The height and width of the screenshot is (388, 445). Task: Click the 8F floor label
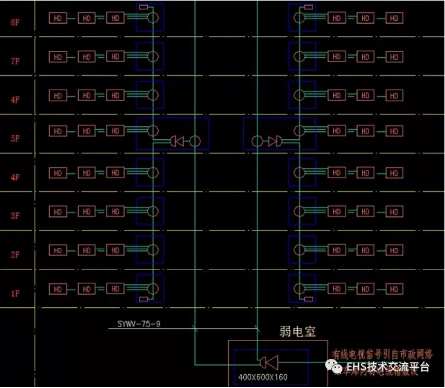tap(15, 23)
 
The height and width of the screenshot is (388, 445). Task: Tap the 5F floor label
tap(15, 138)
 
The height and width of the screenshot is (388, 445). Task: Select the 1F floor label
tap(15, 293)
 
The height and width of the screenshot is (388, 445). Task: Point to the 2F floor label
tap(15, 254)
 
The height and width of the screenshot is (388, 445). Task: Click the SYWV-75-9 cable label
tap(139, 324)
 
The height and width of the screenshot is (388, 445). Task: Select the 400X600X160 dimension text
tap(263, 378)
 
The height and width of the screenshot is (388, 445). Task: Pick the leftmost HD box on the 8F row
tap(57, 19)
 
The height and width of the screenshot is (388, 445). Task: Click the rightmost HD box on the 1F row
tap(393, 288)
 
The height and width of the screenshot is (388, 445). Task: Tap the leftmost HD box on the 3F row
tap(57, 211)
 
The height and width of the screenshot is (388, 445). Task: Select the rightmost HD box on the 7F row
tap(393, 57)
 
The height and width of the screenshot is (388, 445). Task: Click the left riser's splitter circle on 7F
tap(153, 57)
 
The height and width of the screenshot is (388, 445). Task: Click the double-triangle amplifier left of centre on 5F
tap(176, 141)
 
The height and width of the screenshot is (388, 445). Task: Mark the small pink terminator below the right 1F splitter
tap(308, 299)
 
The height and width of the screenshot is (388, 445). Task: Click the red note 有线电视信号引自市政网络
tap(382, 353)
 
